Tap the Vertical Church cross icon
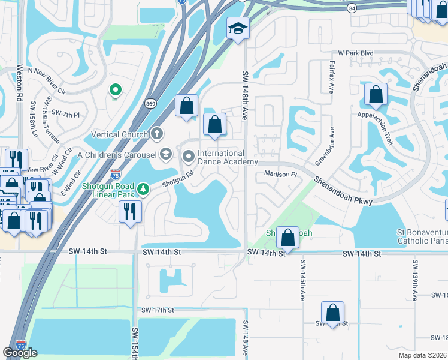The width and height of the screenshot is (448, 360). click(156, 134)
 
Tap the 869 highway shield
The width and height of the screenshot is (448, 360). click(153, 103)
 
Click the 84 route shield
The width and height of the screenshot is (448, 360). click(351, 8)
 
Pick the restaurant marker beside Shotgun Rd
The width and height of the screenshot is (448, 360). click(129, 212)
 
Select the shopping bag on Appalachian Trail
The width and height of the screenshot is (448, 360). click(376, 95)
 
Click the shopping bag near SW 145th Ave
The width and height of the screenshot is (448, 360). click(288, 238)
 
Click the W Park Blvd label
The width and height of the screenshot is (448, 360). click(355, 53)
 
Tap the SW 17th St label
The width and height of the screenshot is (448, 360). click(158, 310)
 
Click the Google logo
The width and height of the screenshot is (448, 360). click(20, 352)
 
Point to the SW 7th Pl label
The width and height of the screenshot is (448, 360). click(65, 113)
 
